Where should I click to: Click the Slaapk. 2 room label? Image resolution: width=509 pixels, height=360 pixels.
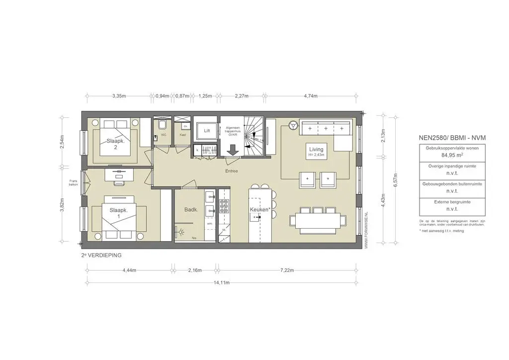[115, 144]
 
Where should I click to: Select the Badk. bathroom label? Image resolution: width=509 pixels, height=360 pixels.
[191, 210]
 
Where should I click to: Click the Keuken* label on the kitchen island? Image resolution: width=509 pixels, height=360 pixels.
[260, 210]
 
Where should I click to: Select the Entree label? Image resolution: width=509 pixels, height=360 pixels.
[231, 171]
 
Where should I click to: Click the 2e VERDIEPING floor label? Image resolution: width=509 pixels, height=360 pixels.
[101, 255]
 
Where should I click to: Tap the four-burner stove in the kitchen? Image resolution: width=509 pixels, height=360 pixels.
[224, 205]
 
